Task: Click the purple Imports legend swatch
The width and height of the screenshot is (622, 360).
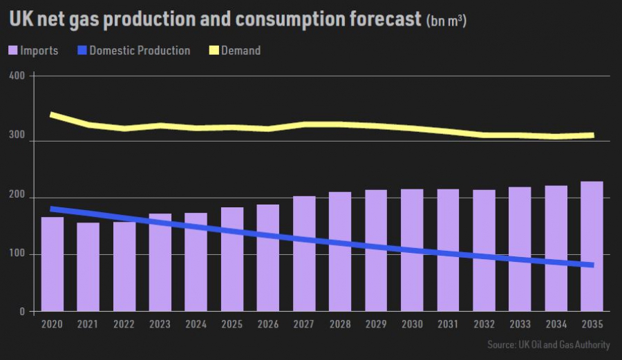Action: pos(13,50)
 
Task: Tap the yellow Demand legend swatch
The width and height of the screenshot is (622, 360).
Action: pos(215,50)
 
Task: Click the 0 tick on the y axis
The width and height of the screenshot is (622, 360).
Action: pos(23,312)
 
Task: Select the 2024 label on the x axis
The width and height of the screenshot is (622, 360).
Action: pos(196,324)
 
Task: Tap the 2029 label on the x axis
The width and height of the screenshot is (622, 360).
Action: pos(376,324)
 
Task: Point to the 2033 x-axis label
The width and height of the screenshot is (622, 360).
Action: pos(520,324)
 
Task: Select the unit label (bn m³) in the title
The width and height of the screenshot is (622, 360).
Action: pos(446,21)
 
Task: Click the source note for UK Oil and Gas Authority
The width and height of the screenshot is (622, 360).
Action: pos(548,344)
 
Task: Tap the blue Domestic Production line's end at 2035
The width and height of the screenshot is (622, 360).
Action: pos(592,265)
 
